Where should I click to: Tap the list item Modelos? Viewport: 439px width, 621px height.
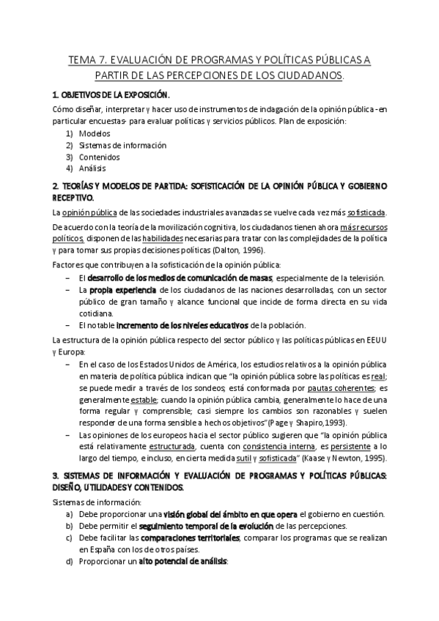pyautogui.click(x=94, y=133)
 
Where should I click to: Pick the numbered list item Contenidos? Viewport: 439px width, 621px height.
pyautogui.click(x=99, y=157)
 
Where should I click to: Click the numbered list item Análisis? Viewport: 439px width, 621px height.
pyautogui.click(x=93, y=168)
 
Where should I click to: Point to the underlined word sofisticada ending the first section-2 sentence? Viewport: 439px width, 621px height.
pyautogui.click(x=366, y=213)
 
